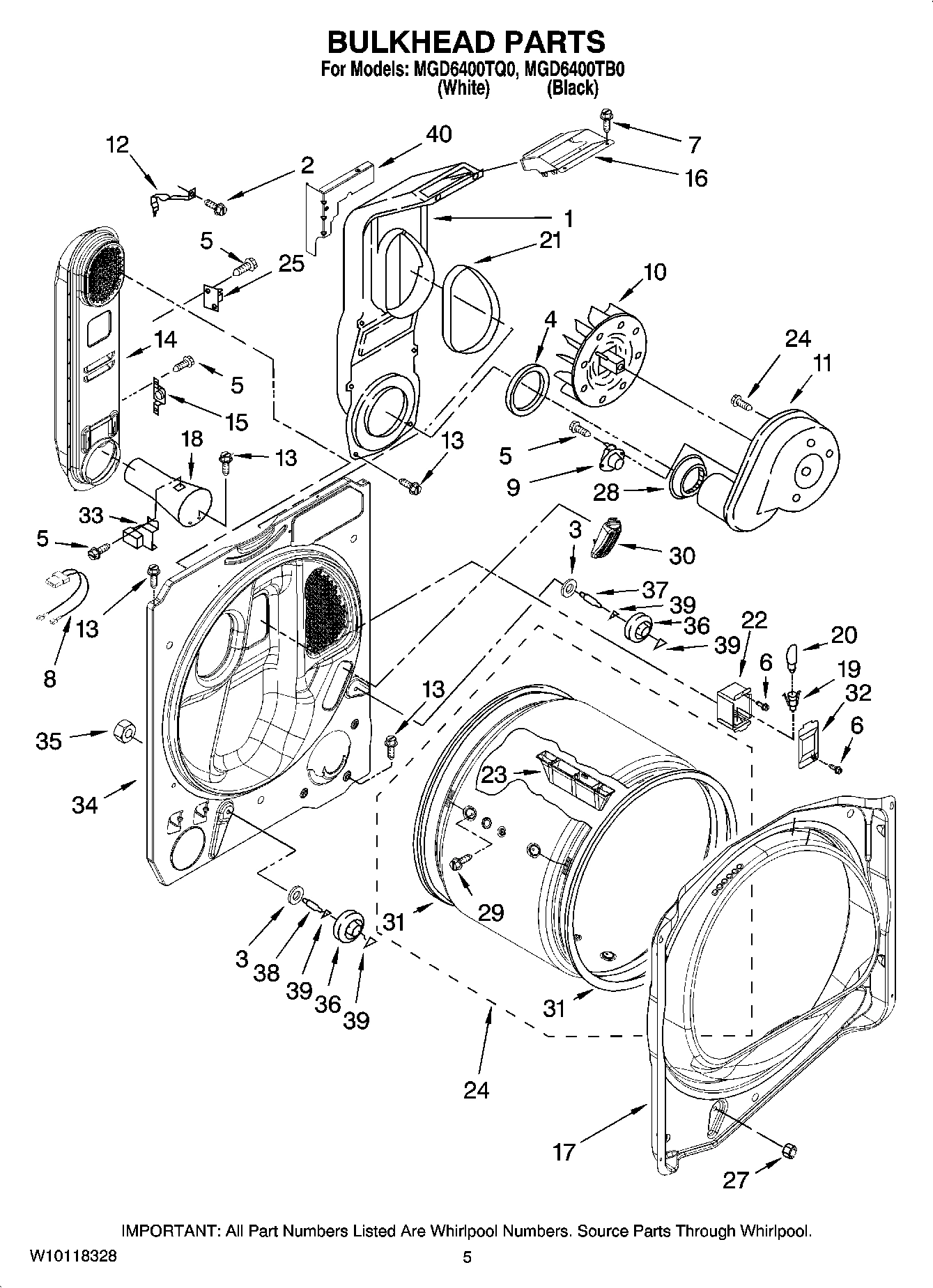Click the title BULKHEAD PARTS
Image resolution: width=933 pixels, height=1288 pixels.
coord(466,42)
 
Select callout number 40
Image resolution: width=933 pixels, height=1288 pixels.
coord(438,134)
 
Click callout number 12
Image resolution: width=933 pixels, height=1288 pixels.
coord(117,145)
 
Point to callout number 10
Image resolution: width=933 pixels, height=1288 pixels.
coord(655,271)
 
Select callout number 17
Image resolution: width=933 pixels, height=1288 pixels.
coord(564,1151)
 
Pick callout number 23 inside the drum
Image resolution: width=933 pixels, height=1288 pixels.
coord(494,774)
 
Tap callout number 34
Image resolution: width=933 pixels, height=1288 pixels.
coord(85,805)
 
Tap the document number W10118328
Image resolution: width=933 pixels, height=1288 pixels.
coord(73,1256)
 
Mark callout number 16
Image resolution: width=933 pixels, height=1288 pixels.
coord(695,178)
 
